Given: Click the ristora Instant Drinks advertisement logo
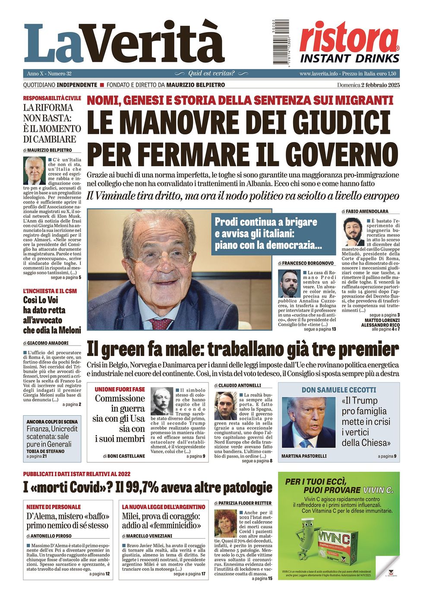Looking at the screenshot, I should (x=349, y=43).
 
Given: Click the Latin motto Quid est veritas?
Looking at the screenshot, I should (x=211, y=73).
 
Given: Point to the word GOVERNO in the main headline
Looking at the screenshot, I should (x=342, y=154).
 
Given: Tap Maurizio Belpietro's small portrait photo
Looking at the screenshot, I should (x=34, y=171).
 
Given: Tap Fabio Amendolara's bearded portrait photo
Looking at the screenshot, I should (x=353, y=232).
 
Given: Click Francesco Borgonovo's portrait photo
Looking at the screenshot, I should (x=289, y=283).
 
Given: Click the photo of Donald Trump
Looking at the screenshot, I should (x=309, y=422).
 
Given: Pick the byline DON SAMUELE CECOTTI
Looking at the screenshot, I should (x=338, y=390).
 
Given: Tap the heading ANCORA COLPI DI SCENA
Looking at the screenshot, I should (x=52, y=422).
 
